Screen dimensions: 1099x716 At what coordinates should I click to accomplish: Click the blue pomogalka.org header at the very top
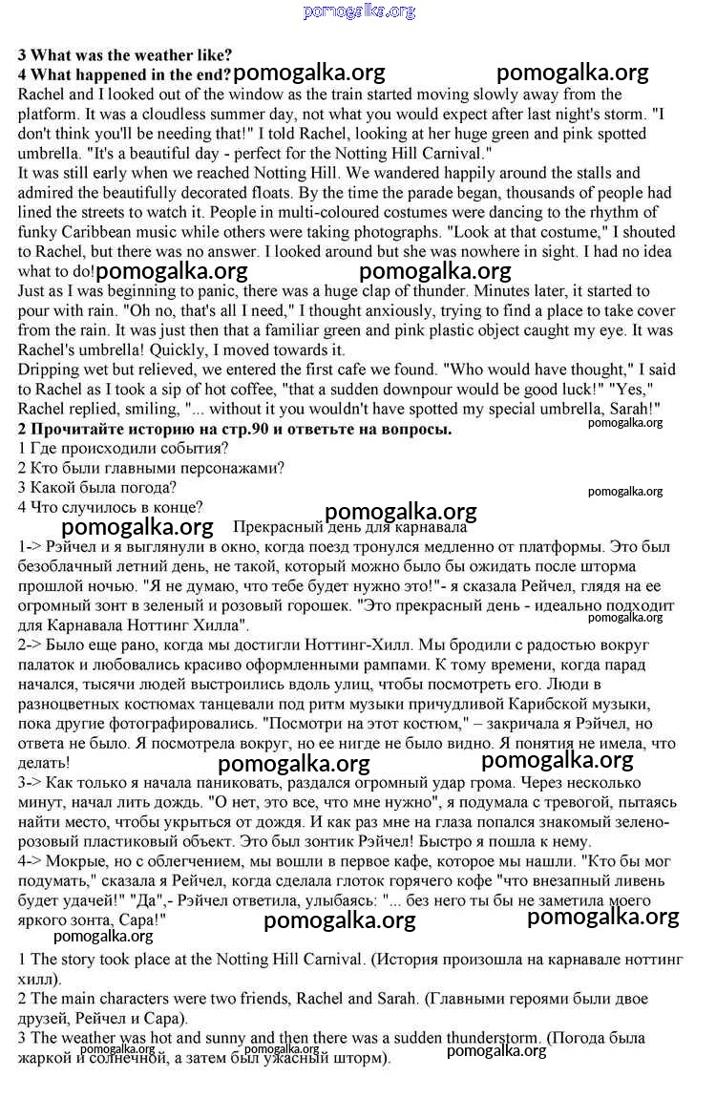point(359,11)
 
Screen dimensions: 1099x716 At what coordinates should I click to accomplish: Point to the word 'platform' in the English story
point(48,114)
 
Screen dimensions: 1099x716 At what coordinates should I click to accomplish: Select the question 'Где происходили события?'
point(123,449)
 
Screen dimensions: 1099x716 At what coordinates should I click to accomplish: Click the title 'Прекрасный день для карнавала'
point(349,527)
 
